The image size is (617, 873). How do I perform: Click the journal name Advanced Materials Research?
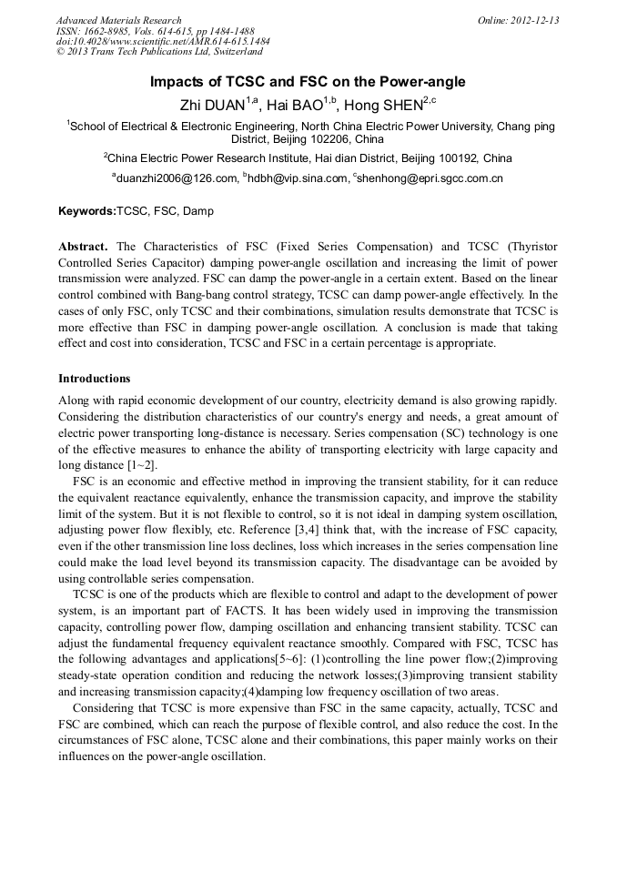click(x=118, y=20)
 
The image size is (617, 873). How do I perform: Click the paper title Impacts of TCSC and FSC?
click(x=308, y=82)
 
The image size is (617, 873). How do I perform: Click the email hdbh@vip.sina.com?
click(x=298, y=178)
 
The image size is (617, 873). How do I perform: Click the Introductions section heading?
click(x=94, y=378)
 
